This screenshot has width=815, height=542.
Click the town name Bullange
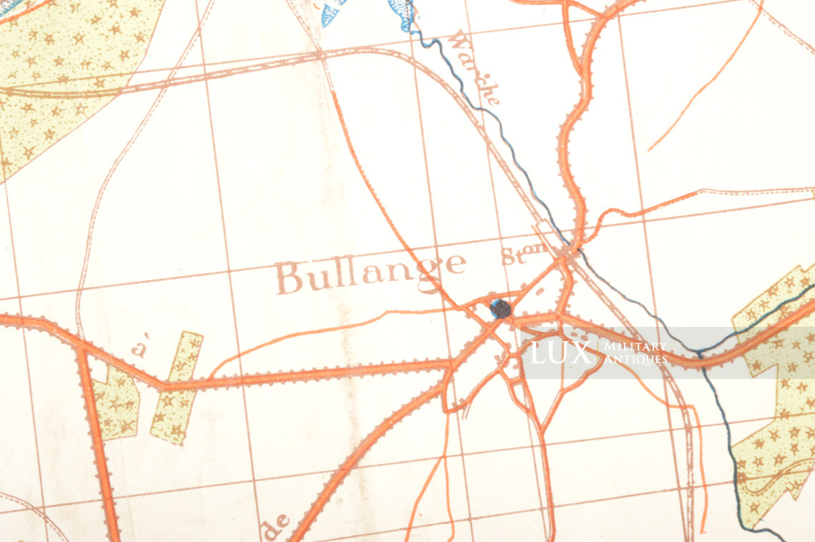tap(370, 272)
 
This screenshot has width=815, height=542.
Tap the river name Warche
tap(475, 67)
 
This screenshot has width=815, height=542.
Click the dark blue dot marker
tap(500, 309)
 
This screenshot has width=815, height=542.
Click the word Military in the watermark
tap(634, 347)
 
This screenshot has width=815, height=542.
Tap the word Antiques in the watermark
tap(634, 359)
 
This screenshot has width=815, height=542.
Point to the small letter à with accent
tap(140, 350)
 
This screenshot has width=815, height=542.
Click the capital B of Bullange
tap(289, 278)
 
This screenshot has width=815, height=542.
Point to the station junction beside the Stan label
tap(568, 252)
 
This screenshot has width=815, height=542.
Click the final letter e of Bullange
tap(455, 265)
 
